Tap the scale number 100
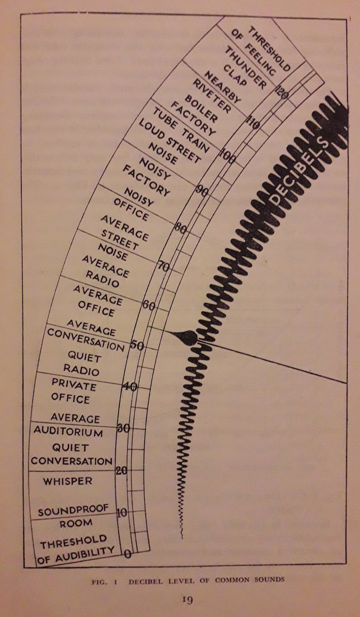pyautogui.click(x=227, y=158)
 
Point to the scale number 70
pyautogui.click(x=163, y=266)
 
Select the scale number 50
pyautogui.click(x=137, y=345)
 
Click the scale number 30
pyautogui.click(x=123, y=428)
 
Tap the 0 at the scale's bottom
pyautogui.click(x=128, y=554)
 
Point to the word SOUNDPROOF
pyautogui.click(x=73, y=511)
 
